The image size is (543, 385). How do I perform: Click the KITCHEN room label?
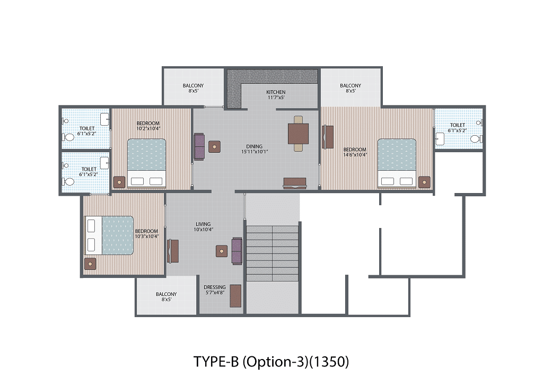[276, 92]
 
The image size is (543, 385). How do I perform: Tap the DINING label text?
[254, 146]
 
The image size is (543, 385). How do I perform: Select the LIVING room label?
[203, 224]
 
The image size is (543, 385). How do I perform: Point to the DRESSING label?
[215, 287]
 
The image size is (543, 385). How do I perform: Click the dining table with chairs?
[298, 134]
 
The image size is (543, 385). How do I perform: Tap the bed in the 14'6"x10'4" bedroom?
[397, 163]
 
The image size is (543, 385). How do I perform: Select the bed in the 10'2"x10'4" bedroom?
[146, 163]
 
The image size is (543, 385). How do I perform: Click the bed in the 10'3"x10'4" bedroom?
[109, 235]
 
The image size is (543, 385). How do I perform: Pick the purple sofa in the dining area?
[199, 147]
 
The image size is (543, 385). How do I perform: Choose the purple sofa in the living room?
[237, 251]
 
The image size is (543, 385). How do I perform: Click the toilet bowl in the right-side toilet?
[475, 139]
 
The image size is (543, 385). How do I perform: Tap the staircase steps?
[272, 253]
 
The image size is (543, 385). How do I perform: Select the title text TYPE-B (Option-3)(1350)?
[271, 362]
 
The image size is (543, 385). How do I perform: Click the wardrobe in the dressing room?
[236, 296]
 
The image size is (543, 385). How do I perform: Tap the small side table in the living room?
[222, 251]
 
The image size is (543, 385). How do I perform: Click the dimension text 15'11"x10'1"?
[255, 152]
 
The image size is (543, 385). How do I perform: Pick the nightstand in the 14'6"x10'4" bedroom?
[424, 182]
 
